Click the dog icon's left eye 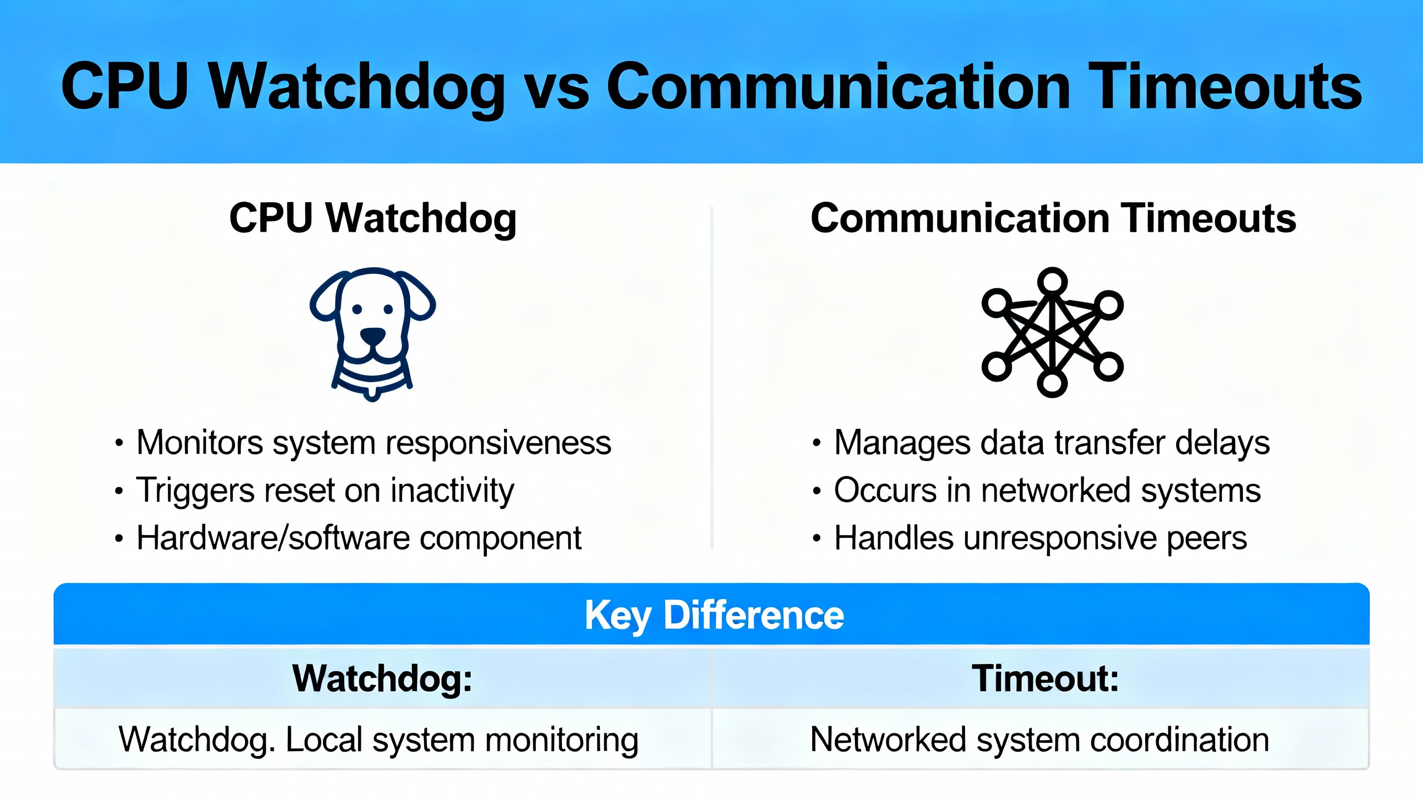click(357, 309)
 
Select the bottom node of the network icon click(1052, 383)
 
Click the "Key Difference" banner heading click(714, 616)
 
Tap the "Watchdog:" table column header click(382, 678)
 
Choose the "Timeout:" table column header click(1045, 678)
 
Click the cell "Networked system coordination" click(1039, 739)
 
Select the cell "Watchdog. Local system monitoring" click(379, 741)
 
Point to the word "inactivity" click(452, 491)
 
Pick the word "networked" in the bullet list click(1056, 491)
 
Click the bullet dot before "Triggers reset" click(118, 491)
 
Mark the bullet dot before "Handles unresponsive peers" click(816, 538)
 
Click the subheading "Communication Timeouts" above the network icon click(1053, 218)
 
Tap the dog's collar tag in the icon click(372, 393)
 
